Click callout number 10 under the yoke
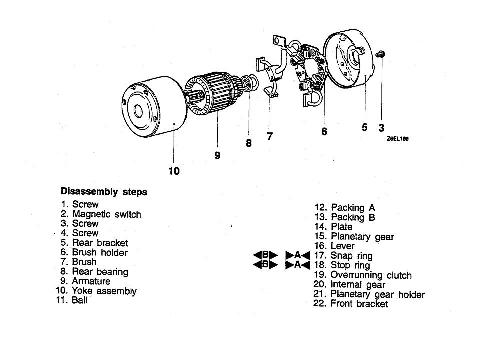[x=174, y=171]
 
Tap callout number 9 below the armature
[x=217, y=155]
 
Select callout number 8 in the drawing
[x=249, y=143]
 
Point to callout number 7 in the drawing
[x=270, y=136]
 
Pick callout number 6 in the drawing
[x=324, y=131]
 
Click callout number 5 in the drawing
[x=364, y=127]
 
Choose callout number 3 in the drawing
[x=381, y=127]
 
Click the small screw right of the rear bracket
[x=380, y=54]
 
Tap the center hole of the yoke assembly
[x=138, y=111]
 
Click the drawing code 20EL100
[x=398, y=139]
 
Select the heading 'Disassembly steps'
[x=104, y=192]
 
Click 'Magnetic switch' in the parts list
[x=107, y=214]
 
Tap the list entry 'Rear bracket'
[x=100, y=243]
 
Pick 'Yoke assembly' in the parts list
[x=104, y=291]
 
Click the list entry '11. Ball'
[x=72, y=300]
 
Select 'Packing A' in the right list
[x=353, y=208]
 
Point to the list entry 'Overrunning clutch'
[x=371, y=275]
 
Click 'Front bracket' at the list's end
[x=359, y=304]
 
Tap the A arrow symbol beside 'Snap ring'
[x=298, y=256]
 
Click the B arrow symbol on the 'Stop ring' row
[x=266, y=265]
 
